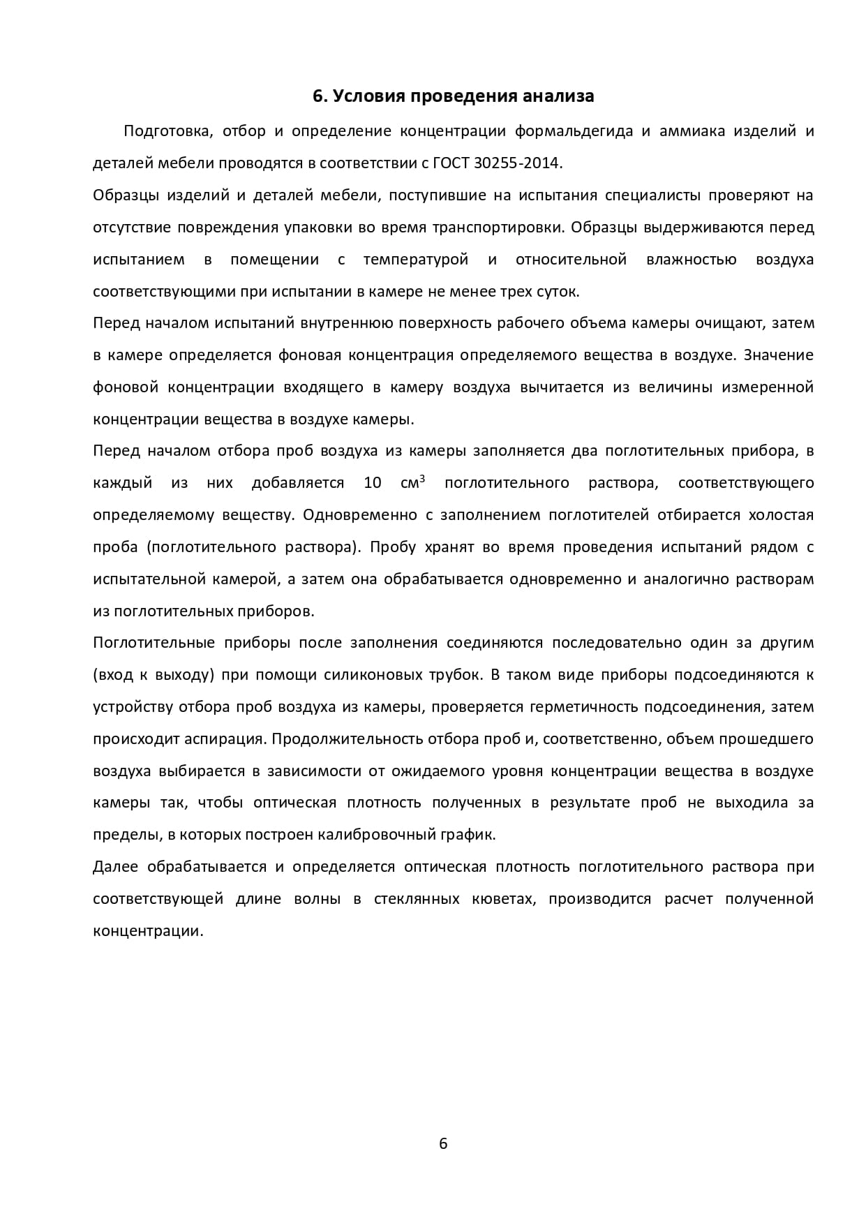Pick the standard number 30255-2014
point(516,163)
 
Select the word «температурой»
point(416,260)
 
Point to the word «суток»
point(560,291)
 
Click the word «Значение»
point(779,355)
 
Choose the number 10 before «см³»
point(373,483)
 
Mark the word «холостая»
point(781,515)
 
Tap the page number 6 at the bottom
point(442,1143)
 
